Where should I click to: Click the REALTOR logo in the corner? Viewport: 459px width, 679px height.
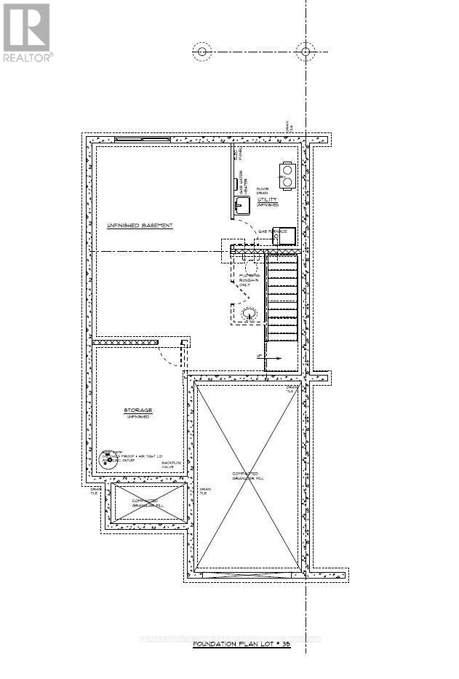[26, 32]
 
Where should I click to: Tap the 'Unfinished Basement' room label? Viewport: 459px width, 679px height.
[140, 226]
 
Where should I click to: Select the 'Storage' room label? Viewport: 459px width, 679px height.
[137, 411]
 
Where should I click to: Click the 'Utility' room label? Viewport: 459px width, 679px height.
[267, 199]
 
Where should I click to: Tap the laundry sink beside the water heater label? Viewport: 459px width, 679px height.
[241, 205]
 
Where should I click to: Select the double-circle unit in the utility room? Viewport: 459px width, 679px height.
[287, 171]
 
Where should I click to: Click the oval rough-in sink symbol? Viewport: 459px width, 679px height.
[250, 314]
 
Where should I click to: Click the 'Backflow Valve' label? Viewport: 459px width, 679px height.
[171, 466]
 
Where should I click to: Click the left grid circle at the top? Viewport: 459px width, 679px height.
[201, 51]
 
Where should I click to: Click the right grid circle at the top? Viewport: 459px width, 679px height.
[306, 51]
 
